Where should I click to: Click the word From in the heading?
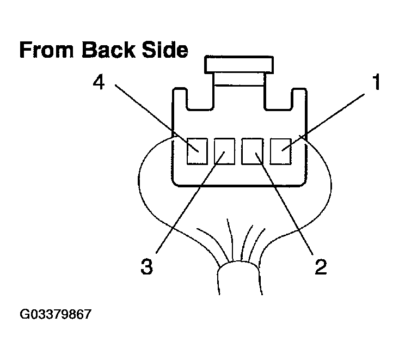[x=47, y=50]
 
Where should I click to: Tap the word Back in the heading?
[x=109, y=50]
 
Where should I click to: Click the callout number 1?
[x=376, y=82]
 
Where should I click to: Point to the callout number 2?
[x=321, y=266]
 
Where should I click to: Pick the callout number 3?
[x=147, y=266]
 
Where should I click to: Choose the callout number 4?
[x=99, y=83]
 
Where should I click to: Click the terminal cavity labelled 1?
[x=281, y=151]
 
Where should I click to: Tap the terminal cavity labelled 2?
[x=252, y=151]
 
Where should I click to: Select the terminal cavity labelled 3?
[x=224, y=151]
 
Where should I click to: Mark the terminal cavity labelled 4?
[x=197, y=151]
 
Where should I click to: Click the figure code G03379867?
[x=55, y=314]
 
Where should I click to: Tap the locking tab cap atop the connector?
[x=239, y=65]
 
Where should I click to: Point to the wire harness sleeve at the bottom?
[x=239, y=278]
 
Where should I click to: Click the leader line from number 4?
[x=157, y=118]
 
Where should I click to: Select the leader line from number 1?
[x=323, y=123]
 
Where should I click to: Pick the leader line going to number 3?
[x=191, y=203]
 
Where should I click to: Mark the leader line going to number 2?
[x=284, y=204]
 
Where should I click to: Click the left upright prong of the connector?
[x=180, y=99]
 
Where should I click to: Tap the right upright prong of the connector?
[x=299, y=99]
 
